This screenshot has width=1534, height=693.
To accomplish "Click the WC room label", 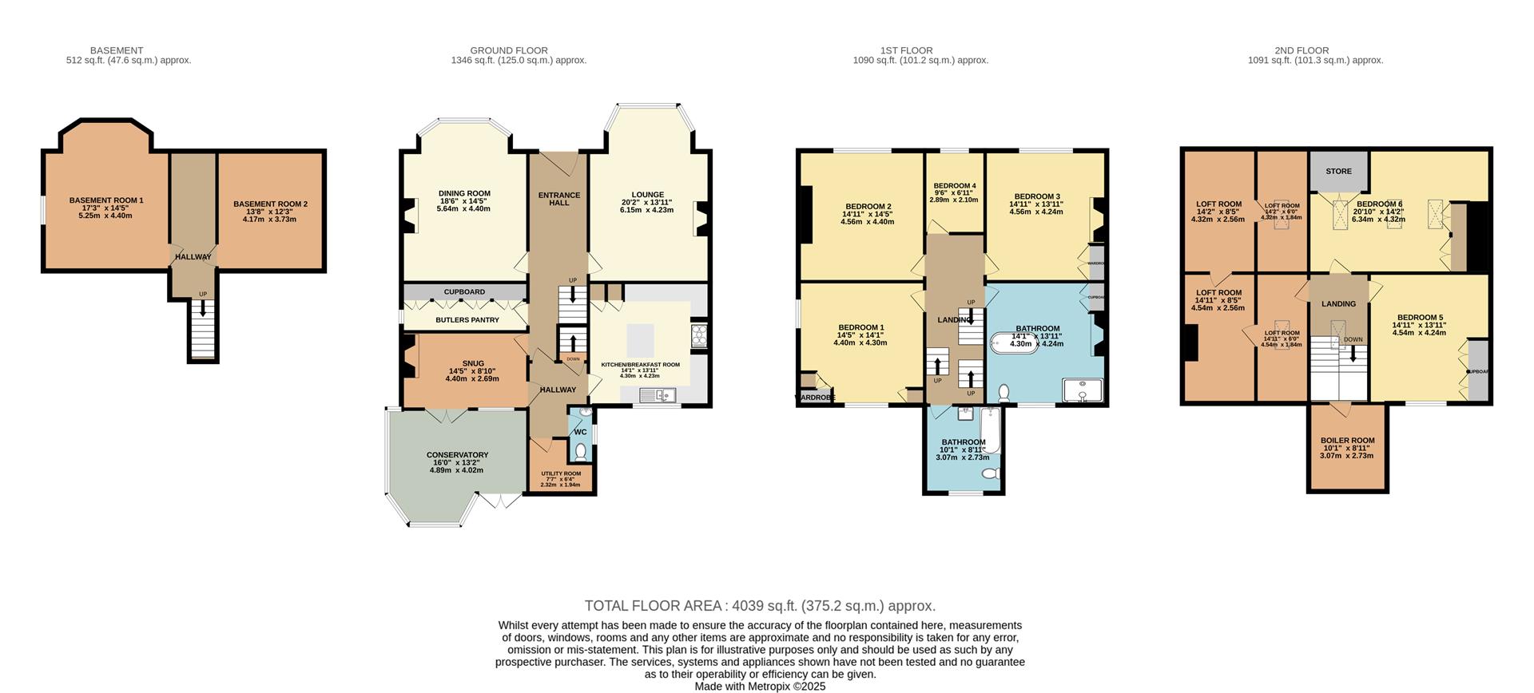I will coord(580,432).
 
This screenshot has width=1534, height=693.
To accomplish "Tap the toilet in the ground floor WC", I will coord(580,452).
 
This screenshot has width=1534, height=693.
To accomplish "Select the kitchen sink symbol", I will coord(658,394).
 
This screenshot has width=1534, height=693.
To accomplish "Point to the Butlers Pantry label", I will coord(467,320).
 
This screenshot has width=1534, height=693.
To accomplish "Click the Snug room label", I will coord(462,364).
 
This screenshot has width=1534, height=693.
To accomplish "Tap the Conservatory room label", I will coord(457,455).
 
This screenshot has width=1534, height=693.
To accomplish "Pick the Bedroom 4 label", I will coord(954,186).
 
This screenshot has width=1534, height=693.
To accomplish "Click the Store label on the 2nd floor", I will coord(1338,172).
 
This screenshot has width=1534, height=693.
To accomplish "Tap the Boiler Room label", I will coord(1347,441).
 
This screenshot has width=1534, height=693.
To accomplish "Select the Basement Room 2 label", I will coord(270,204).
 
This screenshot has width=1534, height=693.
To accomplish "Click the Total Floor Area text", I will coord(760,606).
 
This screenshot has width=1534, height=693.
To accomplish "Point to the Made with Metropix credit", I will coord(760,687).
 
